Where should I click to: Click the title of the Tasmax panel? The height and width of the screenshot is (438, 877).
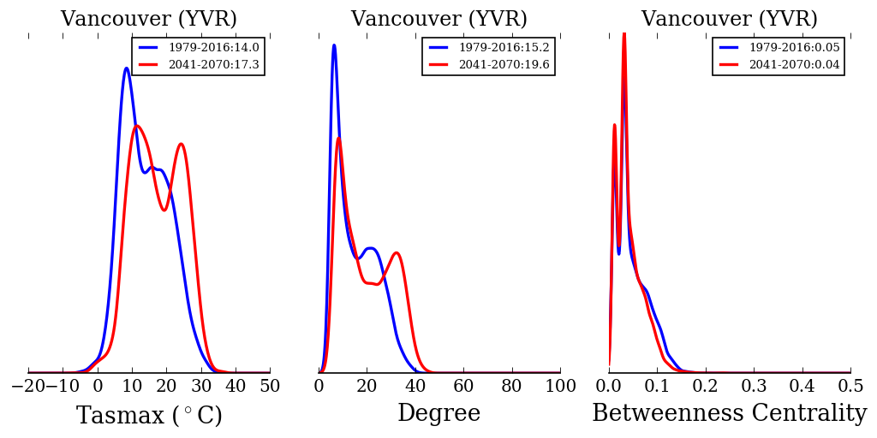[x=149, y=19]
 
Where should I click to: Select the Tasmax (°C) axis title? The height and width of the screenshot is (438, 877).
[x=149, y=416]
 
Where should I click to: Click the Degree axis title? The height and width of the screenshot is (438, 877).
[x=438, y=414]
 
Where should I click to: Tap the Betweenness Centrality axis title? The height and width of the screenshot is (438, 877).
[x=730, y=414]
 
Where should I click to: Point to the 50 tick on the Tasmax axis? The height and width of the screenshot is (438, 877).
[x=270, y=386]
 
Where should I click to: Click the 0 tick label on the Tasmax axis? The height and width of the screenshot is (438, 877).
[x=98, y=386]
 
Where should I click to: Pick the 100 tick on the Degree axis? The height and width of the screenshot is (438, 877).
[x=560, y=386]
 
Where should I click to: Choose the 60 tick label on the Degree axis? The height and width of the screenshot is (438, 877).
[x=463, y=386]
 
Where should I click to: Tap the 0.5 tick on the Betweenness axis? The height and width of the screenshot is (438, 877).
[x=850, y=386]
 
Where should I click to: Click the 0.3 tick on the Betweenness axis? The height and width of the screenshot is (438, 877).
[x=754, y=386]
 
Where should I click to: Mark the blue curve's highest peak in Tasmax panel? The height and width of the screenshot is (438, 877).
[x=127, y=68]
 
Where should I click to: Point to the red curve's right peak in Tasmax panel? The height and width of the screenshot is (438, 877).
[x=181, y=144]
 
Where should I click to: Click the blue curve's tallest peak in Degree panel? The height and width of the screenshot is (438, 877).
[x=334, y=45]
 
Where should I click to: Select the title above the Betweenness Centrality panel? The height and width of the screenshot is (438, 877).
[x=730, y=19]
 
